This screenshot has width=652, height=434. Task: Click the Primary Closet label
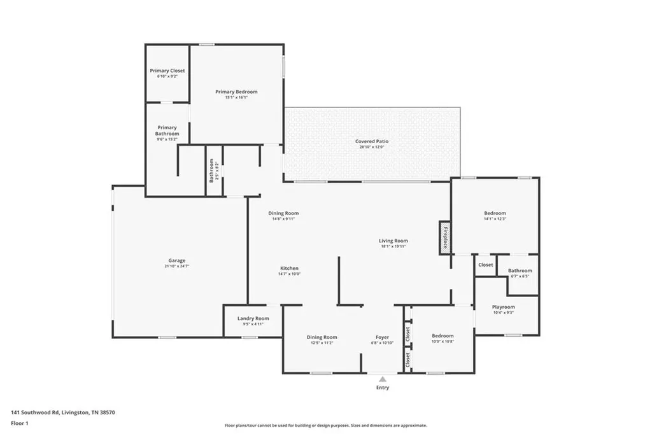pyautogui.click(x=167, y=71)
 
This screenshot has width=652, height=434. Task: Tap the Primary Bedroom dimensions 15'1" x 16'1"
pyautogui.click(x=236, y=98)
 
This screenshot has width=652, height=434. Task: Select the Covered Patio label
pyautogui.click(x=372, y=141)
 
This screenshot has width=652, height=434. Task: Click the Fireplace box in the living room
pyautogui.click(x=444, y=238)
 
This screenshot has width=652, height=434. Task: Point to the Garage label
pyautogui.click(x=176, y=260)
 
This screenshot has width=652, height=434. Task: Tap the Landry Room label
pyautogui.click(x=253, y=318)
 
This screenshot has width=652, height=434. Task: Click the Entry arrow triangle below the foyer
pyautogui.click(x=383, y=379)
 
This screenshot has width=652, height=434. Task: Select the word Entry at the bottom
pyautogui.click(x=383, y=388)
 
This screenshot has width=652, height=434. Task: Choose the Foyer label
pyautogui.click(x=382, y=337)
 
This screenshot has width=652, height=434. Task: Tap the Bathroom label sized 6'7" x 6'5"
pyautogui.click(x=519, y=271)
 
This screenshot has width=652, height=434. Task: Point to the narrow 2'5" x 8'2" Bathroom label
pyautogui.click(x=212, y=171)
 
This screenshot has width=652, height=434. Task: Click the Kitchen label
pyautogui.click(x=288, y=269)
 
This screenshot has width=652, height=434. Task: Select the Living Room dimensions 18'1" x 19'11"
pyautogui.click(x=393, y=246)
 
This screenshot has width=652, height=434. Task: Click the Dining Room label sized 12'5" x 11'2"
pyautogui.click(x=322, y=337)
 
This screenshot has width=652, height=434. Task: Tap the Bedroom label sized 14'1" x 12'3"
pyautogui.click(x=495, y=213)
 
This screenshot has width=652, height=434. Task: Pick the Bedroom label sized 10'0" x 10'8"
pyautogui.click(x=443, y=336)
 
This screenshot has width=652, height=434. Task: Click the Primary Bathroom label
pyautogui.click(x=167, y=130)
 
